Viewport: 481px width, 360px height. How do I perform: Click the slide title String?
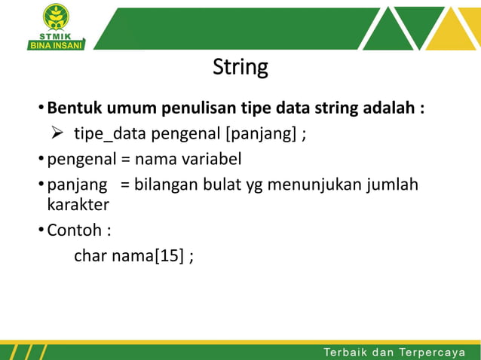click(x=240, y=68)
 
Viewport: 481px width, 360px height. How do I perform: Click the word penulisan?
click(x=188, y=108)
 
